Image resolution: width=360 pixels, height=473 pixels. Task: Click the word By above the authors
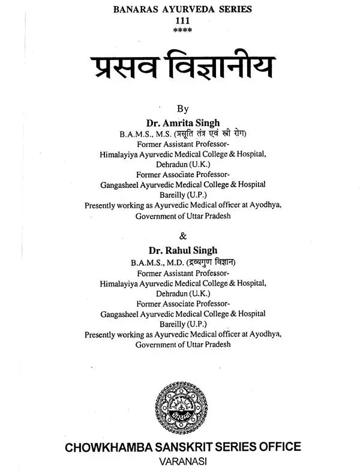point(182,109)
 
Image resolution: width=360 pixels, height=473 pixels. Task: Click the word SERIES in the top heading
point(232,9)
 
